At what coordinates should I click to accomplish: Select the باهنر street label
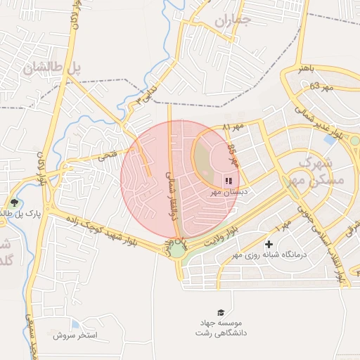point(313,70)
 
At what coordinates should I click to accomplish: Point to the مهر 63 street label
point(320,86)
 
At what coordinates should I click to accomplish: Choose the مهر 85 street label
point(233,155)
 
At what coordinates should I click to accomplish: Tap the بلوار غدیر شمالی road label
point(318,122)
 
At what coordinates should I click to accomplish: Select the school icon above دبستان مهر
point(229,180)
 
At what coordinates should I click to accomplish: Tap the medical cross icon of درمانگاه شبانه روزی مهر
point(269,244)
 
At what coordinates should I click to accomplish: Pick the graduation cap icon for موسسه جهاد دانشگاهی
point(221,312)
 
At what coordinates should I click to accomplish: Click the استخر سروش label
point(75,335)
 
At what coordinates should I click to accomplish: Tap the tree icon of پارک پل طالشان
point(13,203)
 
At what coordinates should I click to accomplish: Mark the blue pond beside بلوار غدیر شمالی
point(329,140)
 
